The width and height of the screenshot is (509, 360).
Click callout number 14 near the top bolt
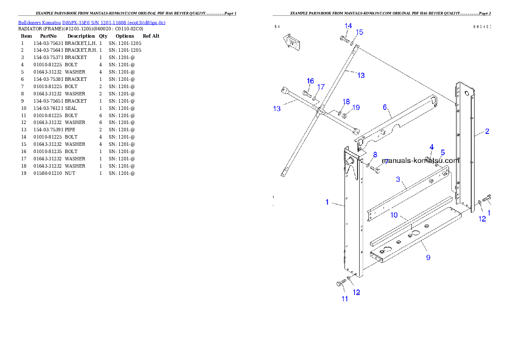tap(348, 26)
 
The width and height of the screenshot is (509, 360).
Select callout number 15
tap(359, 32)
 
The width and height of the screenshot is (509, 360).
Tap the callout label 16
tap(310, 81)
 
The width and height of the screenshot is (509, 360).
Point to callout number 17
tap(321, 87)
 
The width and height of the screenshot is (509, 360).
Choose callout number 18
tap(346, 102)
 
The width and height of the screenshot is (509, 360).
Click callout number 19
tap(356, 107)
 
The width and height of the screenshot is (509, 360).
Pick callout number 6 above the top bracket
tap(385, 107)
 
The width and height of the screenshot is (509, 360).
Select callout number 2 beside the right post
tap(487, 131)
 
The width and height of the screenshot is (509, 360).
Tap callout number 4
tap(432, 147)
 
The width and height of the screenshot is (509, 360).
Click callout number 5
tap(443, 152)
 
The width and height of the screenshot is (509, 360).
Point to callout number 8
tap(375, 154)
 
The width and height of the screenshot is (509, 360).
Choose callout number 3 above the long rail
tap(398, 179)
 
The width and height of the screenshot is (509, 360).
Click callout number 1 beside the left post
tap(327, 202)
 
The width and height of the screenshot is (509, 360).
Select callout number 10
tap(394, 215)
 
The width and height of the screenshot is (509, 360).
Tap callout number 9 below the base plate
tap(428, 257)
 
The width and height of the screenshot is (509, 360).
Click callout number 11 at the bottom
tap(345, 299)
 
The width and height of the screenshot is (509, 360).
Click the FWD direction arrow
tap(291, 42)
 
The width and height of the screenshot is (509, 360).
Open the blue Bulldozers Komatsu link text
tap(92, 23)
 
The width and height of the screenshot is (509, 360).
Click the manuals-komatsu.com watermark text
tap(420, 161)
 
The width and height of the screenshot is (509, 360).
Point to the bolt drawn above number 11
tap(341, 283)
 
